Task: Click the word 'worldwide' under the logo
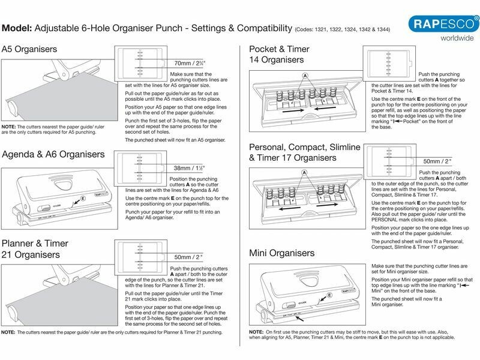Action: pyautogui.click(x=446, y=39)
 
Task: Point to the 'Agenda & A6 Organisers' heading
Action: pyautogui.click(x=53, y=154)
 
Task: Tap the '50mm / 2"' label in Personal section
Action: pyautogui.click(x=437, y=161)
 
